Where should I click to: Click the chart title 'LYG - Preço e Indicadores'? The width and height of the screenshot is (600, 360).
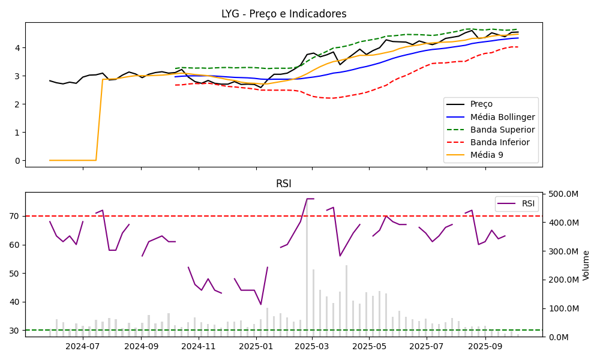coord(284,14)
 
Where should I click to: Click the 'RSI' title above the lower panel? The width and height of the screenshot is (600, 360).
coord(284,184)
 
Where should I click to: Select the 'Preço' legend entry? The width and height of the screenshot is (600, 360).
coord(482,104)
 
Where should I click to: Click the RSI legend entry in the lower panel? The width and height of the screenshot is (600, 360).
coord(528,203)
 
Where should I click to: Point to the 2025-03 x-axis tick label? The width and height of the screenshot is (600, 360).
coord(313,346)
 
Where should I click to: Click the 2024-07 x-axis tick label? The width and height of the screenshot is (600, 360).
coord(82,346)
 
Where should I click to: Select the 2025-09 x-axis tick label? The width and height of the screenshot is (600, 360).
coord(485,346)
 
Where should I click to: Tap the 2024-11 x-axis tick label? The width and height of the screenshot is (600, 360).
coord(198,346)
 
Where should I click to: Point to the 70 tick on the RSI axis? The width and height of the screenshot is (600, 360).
coord(16,216)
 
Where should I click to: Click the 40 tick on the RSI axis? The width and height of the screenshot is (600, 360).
coord(16,302)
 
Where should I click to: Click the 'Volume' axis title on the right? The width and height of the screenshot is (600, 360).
coord(586,265)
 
